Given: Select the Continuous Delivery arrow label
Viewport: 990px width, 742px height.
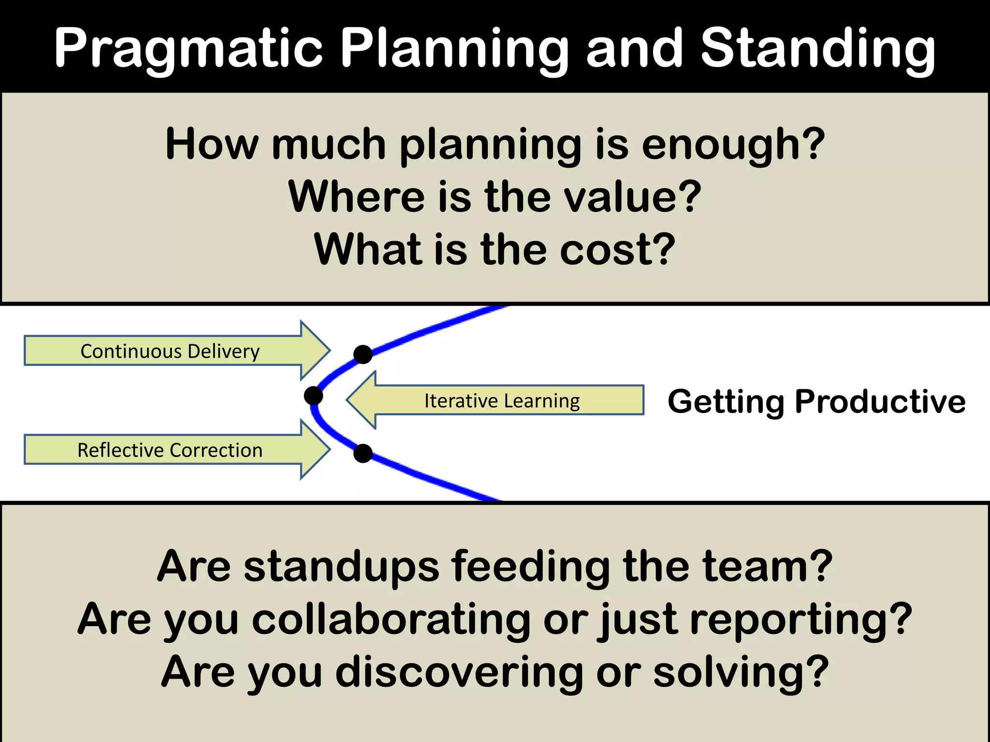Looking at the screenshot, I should pos(170,351).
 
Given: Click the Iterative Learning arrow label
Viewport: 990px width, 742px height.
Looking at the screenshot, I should pos(502,400).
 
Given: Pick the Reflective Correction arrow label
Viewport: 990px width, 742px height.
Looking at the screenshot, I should pos(170,450).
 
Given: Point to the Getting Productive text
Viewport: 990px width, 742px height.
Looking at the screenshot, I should pos(816,401).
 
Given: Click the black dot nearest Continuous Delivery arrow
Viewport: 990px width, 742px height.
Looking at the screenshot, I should pos(363,354).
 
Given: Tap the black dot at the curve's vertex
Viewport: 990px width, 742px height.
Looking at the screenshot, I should pos(313,396).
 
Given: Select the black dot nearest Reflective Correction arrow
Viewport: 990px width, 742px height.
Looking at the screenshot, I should pos(363,453).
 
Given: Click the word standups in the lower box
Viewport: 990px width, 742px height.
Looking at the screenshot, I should pos(341,566).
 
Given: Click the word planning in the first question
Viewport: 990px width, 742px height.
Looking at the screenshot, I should pos(491,145).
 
